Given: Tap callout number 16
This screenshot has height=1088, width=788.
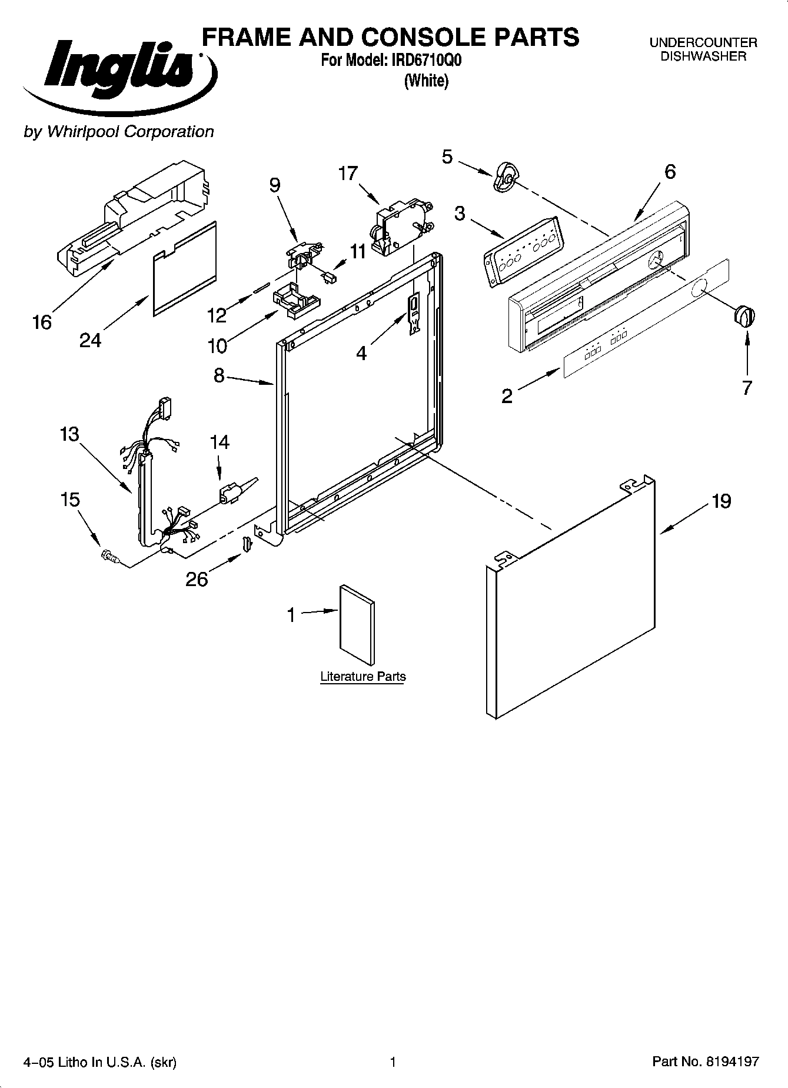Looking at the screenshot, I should pos(42,322).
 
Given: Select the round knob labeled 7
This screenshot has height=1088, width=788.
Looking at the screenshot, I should pos(744,316).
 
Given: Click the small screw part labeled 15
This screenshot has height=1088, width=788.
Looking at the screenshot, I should pos(109,555).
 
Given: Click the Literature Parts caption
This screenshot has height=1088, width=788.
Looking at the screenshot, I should pos(363,676).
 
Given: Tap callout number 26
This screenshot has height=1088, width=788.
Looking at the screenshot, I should pos(197,579).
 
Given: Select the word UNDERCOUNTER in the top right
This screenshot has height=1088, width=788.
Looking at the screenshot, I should pos(703,43).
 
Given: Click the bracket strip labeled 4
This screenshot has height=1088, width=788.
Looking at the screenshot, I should pos(414,314).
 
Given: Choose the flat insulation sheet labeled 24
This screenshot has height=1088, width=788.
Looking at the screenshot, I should pos(185,268).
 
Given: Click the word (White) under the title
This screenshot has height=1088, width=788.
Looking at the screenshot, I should pos(426,81).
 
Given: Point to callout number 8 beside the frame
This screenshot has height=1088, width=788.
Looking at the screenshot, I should pos(219,375).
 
